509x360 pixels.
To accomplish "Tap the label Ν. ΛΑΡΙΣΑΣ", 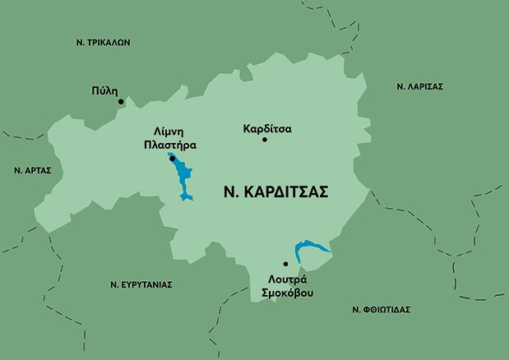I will [x=419, y=86].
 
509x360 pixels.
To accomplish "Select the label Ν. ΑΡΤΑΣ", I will [x=33, y=170].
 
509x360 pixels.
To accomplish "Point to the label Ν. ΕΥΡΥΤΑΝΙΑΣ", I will [x=141, y=284].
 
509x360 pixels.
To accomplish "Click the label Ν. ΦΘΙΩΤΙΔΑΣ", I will [x=381, y=310].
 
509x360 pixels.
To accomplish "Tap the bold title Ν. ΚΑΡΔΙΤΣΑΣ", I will [x=276, y=192].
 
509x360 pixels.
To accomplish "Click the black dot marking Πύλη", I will [x=121, y=102].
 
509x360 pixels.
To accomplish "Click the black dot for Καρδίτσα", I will [x=265, y=140].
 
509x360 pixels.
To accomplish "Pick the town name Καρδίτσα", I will [x=268, y=128].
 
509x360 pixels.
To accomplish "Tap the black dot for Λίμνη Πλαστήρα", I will [x=172, y=159].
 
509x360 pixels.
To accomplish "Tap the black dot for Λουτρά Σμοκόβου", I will [x=285, y=264].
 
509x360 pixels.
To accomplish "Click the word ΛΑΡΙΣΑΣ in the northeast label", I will [x=425, y=86].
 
